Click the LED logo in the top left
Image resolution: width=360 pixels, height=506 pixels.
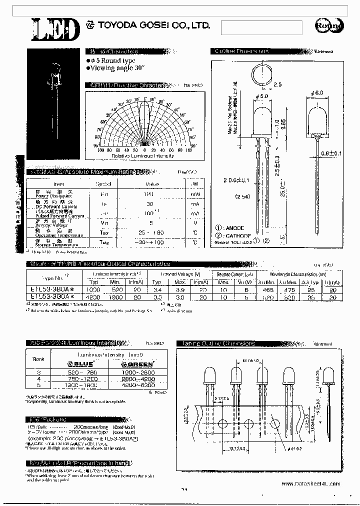tap(55, 28)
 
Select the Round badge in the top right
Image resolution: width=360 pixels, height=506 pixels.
tap(328, 26)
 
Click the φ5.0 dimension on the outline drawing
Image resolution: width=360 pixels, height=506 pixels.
tap(261, 95)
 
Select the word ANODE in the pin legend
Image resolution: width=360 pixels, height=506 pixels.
tap(235, 228)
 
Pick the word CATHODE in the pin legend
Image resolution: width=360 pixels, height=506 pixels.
tap(238, 235)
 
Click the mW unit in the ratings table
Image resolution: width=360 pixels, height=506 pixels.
tap(195, 194)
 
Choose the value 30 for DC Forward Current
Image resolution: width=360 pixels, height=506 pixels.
tap(149, 204)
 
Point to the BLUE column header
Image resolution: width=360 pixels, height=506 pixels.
tap(87, 364)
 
